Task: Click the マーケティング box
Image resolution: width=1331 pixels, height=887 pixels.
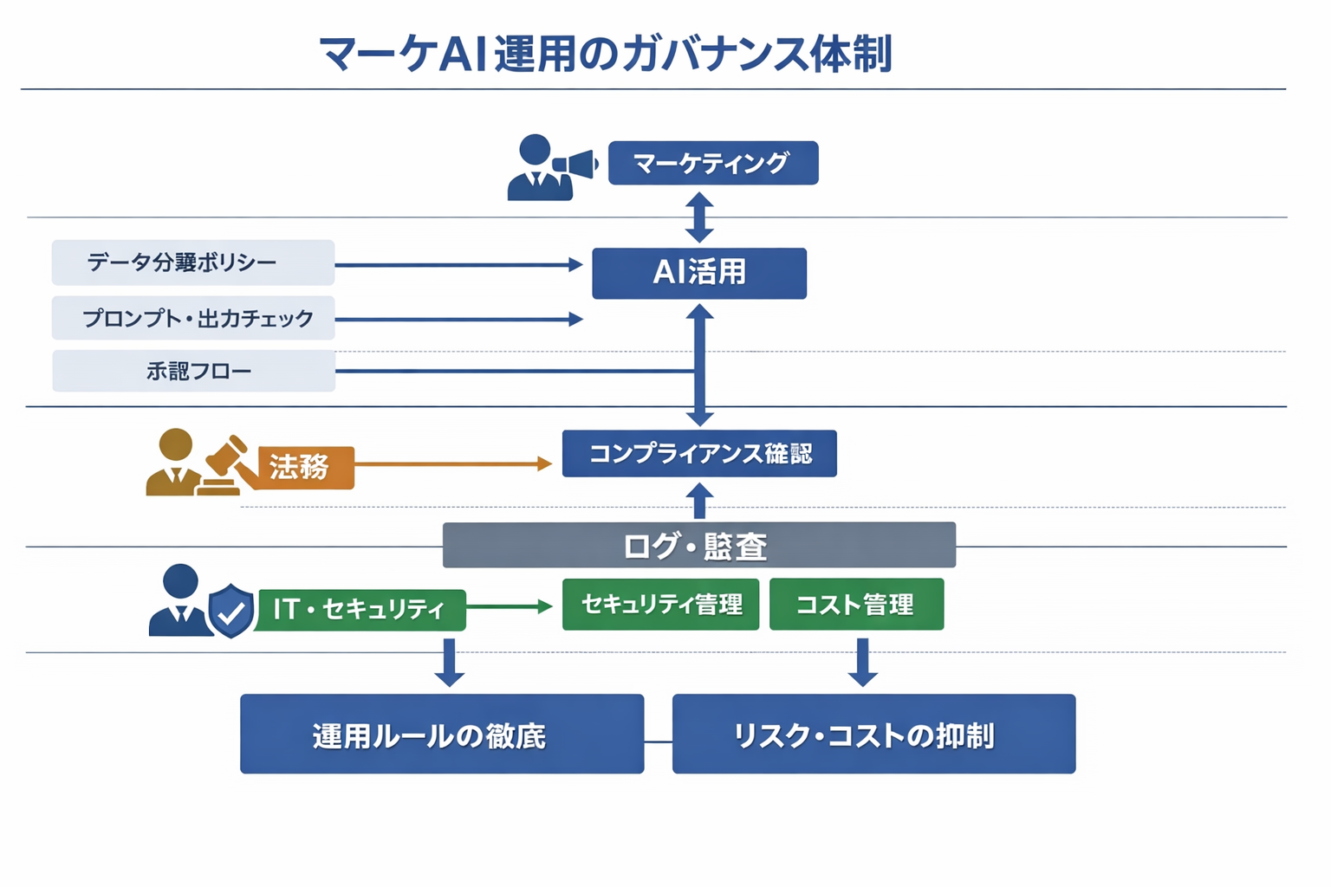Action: (712, 163)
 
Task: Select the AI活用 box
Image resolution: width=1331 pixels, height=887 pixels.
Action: (698, 273)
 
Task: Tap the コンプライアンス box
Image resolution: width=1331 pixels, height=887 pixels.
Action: (698, 453)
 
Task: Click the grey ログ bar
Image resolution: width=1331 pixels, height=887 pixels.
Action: (698, 545)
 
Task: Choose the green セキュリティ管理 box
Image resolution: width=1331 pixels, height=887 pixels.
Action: (660, 604)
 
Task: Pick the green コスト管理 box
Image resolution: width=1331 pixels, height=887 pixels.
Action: (856, 604)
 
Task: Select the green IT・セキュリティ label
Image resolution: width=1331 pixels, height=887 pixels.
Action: (360, 609)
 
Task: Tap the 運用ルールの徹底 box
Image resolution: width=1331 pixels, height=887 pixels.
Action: (441, 734)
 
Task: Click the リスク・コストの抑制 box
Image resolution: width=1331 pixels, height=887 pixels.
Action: (873, 734)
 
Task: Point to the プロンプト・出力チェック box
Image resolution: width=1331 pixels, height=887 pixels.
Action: (193, 318)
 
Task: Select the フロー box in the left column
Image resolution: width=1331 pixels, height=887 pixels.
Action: (193, 371)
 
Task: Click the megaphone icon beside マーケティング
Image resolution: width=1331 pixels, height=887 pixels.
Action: (575, 164)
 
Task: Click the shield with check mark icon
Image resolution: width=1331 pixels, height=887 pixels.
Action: (230, 611)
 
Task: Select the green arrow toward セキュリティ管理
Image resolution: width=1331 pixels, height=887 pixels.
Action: (510, 606)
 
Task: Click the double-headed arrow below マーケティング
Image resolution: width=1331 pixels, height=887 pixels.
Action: (699, 217)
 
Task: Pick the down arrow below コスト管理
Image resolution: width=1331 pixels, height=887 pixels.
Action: (862, 662)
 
